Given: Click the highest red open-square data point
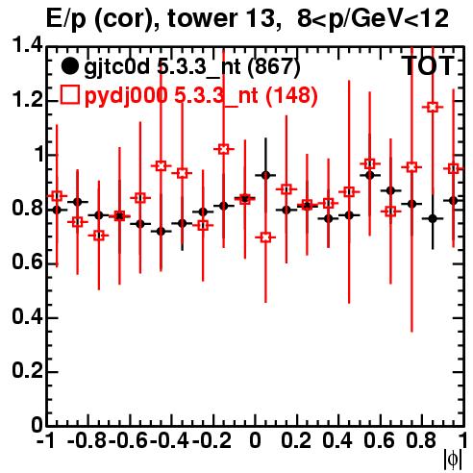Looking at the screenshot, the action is [433, 107].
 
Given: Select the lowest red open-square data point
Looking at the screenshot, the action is [265, 237].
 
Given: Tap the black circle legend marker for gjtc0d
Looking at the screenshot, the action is [69, 66].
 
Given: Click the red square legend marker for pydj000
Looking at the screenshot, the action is [69, 94].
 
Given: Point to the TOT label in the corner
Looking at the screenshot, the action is [429, 66].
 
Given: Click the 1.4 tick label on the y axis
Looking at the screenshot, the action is [27, 45].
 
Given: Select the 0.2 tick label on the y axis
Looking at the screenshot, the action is [27, 371].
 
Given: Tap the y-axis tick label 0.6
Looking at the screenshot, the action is [27, 262].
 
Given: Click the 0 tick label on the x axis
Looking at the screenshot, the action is [255, 440].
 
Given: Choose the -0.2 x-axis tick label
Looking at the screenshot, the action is [212, 440].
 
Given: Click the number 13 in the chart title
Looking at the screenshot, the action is [262, 18].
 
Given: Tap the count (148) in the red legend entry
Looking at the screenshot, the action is [291, 95].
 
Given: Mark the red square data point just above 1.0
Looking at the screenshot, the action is [224, 149].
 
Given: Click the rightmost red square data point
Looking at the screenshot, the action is [453, 168].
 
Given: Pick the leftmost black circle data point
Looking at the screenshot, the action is [57, 210].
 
